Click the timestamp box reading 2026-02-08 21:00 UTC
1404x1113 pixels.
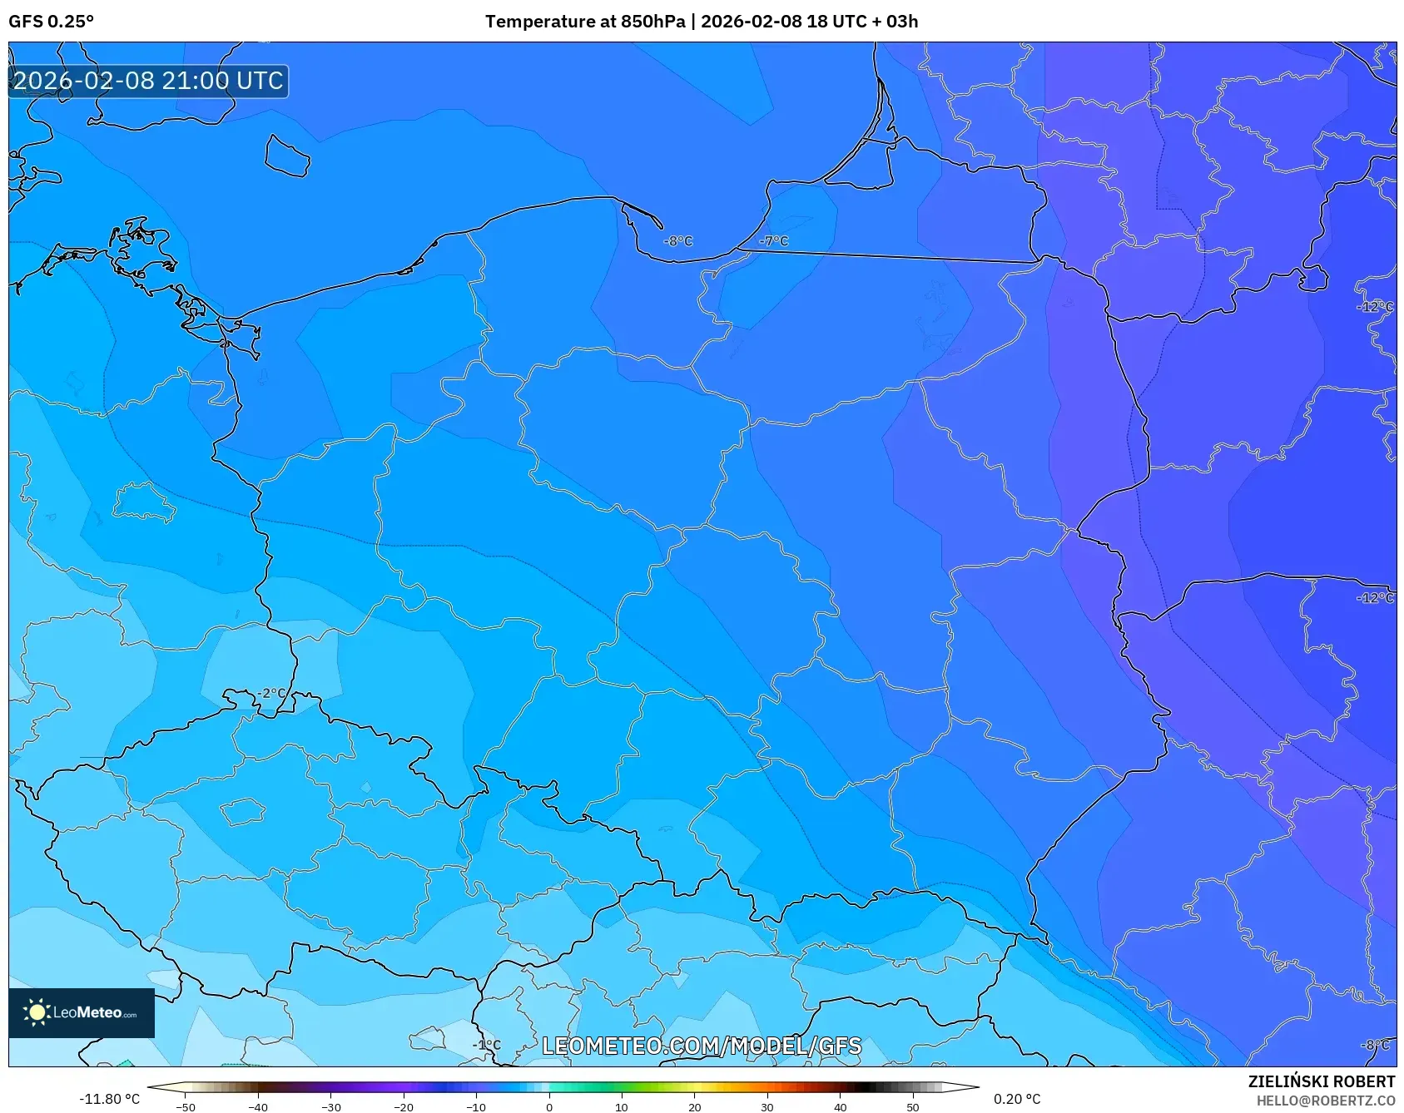coord(148,81)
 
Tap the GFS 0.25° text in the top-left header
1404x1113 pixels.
coord(52,22)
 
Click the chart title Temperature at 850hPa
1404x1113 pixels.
coord(585,22)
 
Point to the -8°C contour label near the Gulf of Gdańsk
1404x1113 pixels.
coord(677,241)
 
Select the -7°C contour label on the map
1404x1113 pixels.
coord(773,241)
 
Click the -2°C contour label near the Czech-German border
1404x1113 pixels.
coord(270,693)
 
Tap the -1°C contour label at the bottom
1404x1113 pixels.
coord(487,1045)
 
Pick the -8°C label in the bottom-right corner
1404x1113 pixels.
coord(1375,1045)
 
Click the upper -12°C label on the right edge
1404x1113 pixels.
coord(1375,307)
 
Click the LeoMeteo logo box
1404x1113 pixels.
coord(82,1012)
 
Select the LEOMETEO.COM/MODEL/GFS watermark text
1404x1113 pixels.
coord(702,1046)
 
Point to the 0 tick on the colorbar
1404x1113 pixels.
coord(548,1106)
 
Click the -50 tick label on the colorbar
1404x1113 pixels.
coord(186,1107)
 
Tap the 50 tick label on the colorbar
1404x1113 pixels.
coord(912,1107)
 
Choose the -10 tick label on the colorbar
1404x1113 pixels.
coord(475,1107)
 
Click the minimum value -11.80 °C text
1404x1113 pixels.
coord(109,1099)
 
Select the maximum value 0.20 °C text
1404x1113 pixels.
coord(1017,1099)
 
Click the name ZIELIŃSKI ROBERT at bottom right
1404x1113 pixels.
coord(1321,1081)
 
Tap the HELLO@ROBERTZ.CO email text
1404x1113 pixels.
coord(1325,1101)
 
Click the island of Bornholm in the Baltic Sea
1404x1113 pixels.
coord(287,156)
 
